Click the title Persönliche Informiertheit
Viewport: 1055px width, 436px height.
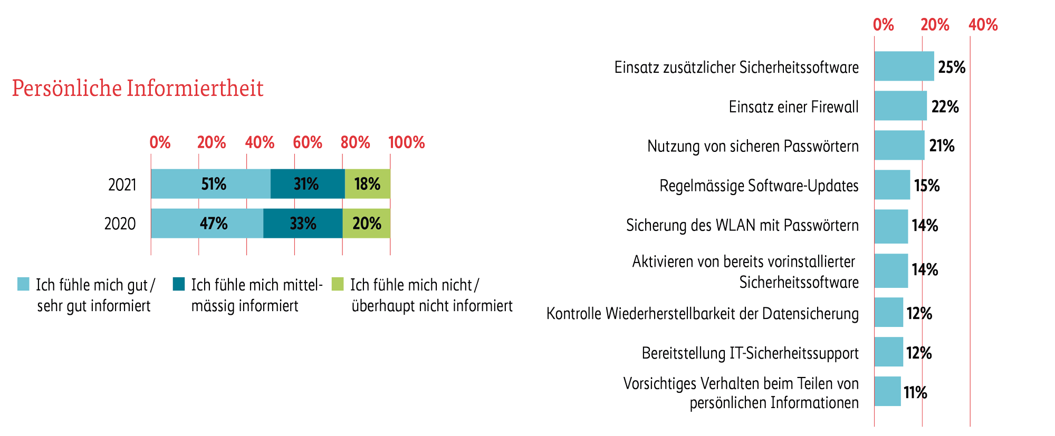click(x=137, y=89)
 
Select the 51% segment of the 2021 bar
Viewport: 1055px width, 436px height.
click(x=210, y=184)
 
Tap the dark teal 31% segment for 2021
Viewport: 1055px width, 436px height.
click(x=307, y=184)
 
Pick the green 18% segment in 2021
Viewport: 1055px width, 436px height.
click(x=367, y=184)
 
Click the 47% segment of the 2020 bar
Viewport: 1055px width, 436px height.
click(x=207, y=224)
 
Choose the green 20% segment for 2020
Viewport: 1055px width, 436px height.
click(x=366, y=224)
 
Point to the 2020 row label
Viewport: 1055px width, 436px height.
click(x=120, y=224)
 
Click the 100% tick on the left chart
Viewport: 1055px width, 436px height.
click(x=406, y=142)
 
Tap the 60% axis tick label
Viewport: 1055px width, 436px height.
click(x=308, y=142)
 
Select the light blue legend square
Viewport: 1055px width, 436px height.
click(x=23, y=284)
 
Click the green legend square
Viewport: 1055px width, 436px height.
click(x=338, y=284)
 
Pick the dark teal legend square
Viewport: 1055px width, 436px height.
click(x=179, y=284)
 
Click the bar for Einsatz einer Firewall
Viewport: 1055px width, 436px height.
click(x=900, y=106)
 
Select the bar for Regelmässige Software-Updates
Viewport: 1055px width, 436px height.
click(x=892, y=185)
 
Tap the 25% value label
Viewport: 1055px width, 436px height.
click(x=952, y=67)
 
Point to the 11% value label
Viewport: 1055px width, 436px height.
click(x=915, y=393)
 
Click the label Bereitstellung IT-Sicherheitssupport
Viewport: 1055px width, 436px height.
click(x=750, y=353)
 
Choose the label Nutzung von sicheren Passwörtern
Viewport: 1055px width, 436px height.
click(x=753, y=146)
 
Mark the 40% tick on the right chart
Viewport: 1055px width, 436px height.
click(x=983, y=25)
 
